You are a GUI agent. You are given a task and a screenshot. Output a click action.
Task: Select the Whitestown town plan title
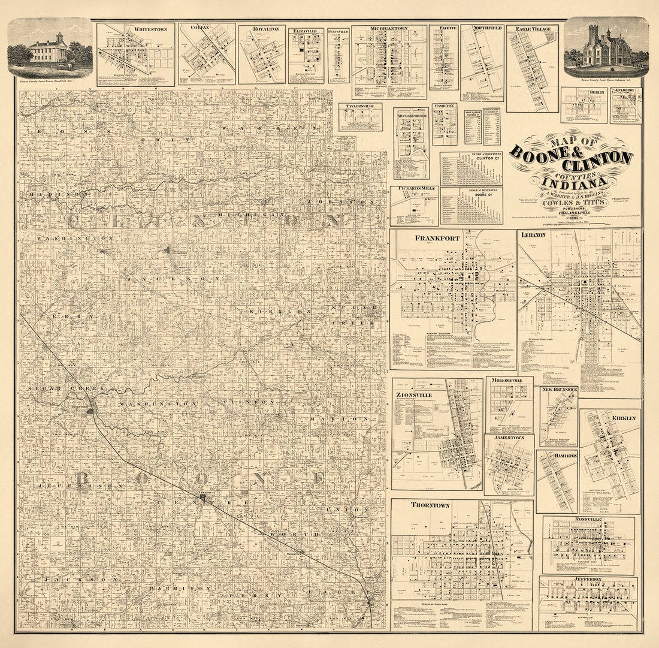pos(146,29)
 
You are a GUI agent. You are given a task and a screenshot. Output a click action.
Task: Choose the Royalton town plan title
pos(262,29)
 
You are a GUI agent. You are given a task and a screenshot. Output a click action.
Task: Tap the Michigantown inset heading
pos(389,29)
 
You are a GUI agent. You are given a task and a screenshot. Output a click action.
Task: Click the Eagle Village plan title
pos(532,29)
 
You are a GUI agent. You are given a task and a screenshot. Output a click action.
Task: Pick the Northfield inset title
pos(483,28)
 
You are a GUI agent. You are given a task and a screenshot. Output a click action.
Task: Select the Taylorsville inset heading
pos(360,107)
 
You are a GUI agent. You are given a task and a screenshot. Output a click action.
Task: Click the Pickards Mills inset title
pos(414,189)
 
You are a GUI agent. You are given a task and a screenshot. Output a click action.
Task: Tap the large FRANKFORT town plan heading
pos(437,238)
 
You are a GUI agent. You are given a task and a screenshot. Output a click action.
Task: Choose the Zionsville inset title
pos(414,395)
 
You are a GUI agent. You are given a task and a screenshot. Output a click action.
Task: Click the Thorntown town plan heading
pos(430,505)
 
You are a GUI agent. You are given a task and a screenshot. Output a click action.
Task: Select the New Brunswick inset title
pos(559,390)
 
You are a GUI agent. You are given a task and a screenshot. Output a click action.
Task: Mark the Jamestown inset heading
pos(508,438)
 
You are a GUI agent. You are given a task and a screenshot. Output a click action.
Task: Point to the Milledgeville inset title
pos(509,381)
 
